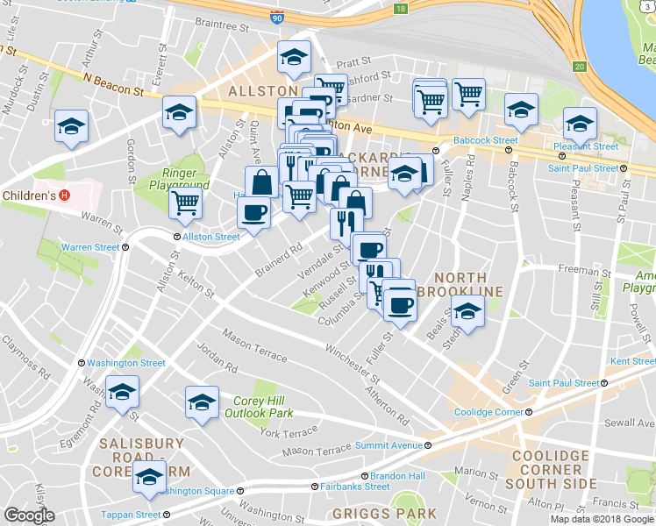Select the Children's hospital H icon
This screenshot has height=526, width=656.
(x=64, y=195)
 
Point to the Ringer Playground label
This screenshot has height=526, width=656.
(x=184, y=179)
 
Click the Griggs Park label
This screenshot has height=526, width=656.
(x=384, y=514)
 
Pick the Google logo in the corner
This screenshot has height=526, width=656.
(x=29, y=516)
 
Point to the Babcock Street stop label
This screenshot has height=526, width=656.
(x=485, y=140)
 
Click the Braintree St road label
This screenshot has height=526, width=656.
(x=222, y=27)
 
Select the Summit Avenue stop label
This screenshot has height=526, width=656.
(x=389, y=445)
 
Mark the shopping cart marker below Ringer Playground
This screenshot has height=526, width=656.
(x=185, y=203)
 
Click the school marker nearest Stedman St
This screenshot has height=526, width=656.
(x=467, y=311)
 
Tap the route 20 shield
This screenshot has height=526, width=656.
(x=580, y=67)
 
